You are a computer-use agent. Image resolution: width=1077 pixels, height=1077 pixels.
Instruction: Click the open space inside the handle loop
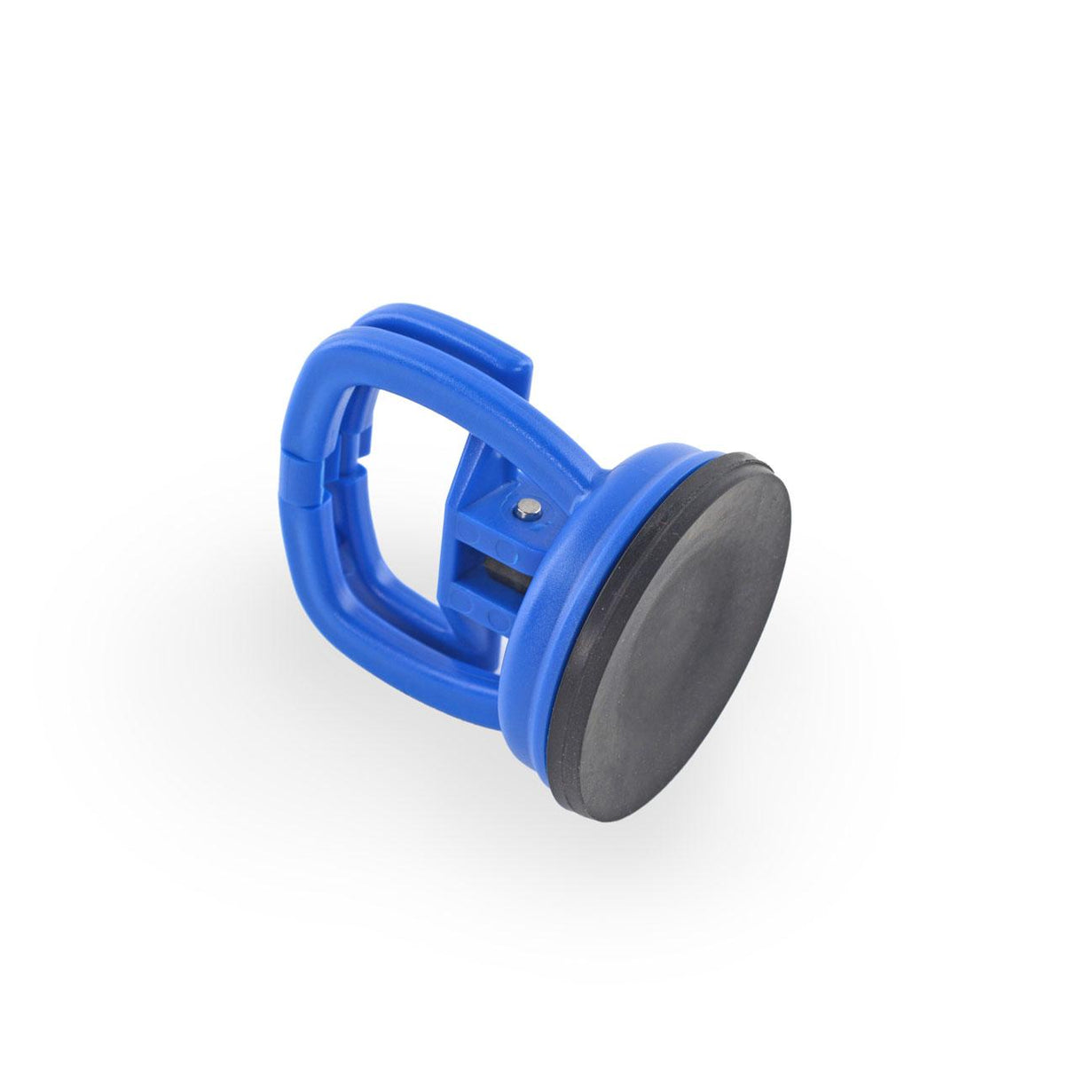[x=408, y=497]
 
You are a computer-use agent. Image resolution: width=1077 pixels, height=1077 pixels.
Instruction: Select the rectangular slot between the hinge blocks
[x=497, y=568]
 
